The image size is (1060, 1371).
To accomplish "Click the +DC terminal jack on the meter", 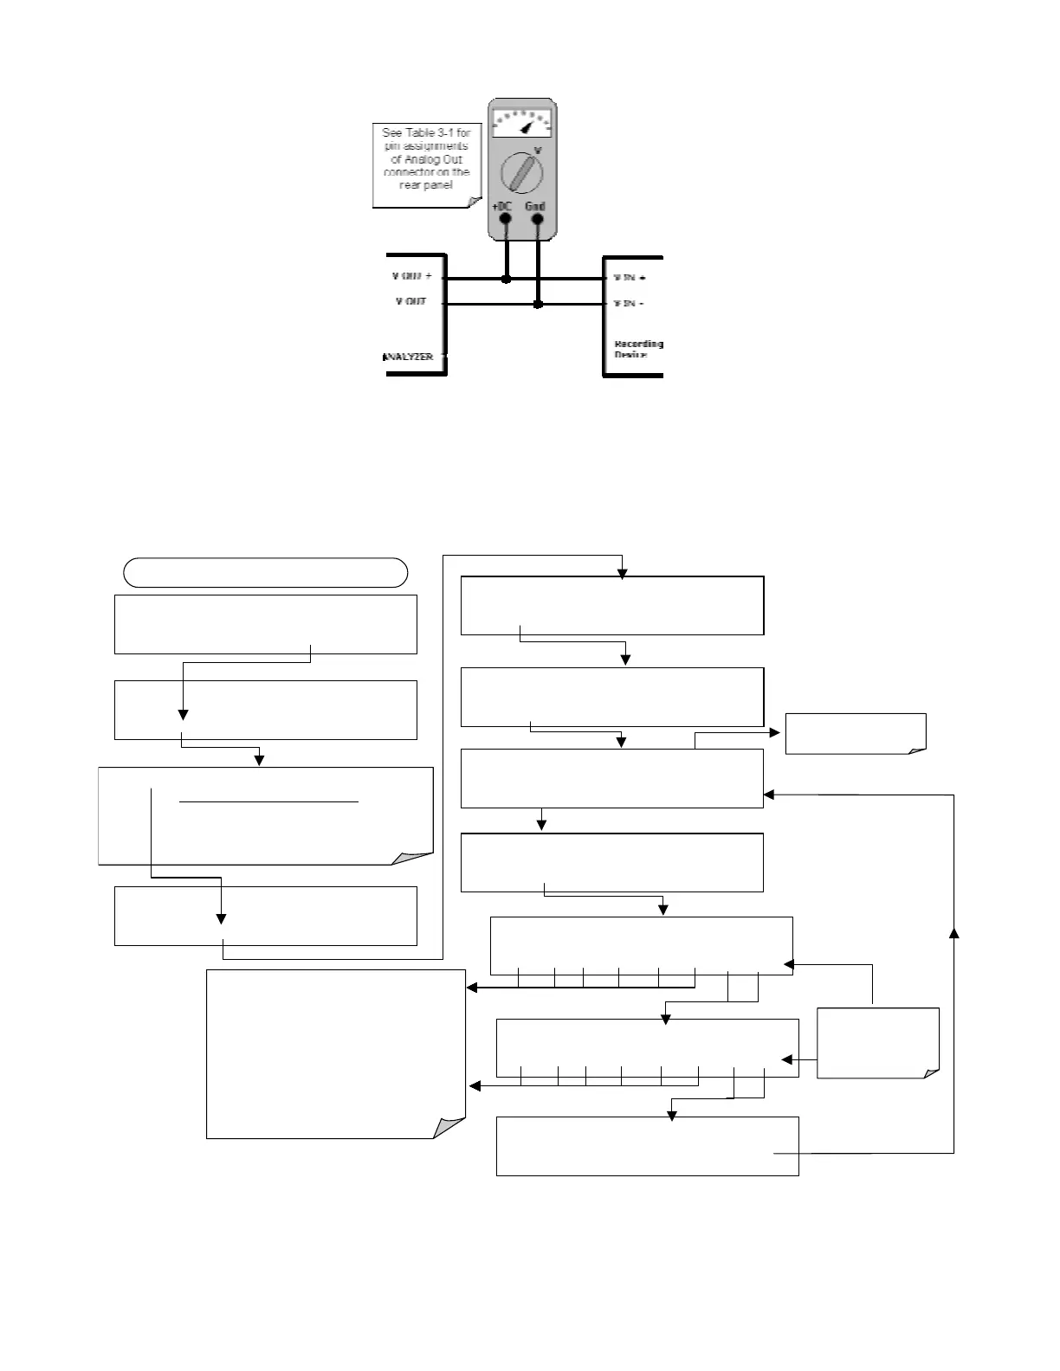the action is point(505,220).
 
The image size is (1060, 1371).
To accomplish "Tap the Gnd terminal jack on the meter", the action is point(538,220).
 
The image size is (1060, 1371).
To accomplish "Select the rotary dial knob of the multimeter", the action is point(522,173).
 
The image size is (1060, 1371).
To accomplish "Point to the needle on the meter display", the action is point(527,126).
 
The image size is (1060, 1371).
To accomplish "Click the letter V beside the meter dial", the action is point(539,151).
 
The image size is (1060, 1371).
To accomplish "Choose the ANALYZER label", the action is point(408,357).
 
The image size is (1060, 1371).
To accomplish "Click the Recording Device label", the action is point(638,349).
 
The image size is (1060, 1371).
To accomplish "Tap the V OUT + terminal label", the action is point(412,277).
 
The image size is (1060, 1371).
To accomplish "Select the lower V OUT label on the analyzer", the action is point(410,302).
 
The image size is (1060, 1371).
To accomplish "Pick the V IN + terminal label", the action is point(630,278).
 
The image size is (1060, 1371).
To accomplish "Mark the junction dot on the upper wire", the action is point(507,279).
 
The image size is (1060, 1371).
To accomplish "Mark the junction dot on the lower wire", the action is point(538,305).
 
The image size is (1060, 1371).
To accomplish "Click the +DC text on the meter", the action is point(502,206).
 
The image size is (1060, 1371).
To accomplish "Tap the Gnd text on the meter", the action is point(535,206).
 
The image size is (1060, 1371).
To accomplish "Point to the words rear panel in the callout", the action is point(426,185).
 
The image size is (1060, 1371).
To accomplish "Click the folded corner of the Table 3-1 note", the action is point(474,202).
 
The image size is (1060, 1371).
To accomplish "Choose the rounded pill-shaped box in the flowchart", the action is point(266,573).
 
